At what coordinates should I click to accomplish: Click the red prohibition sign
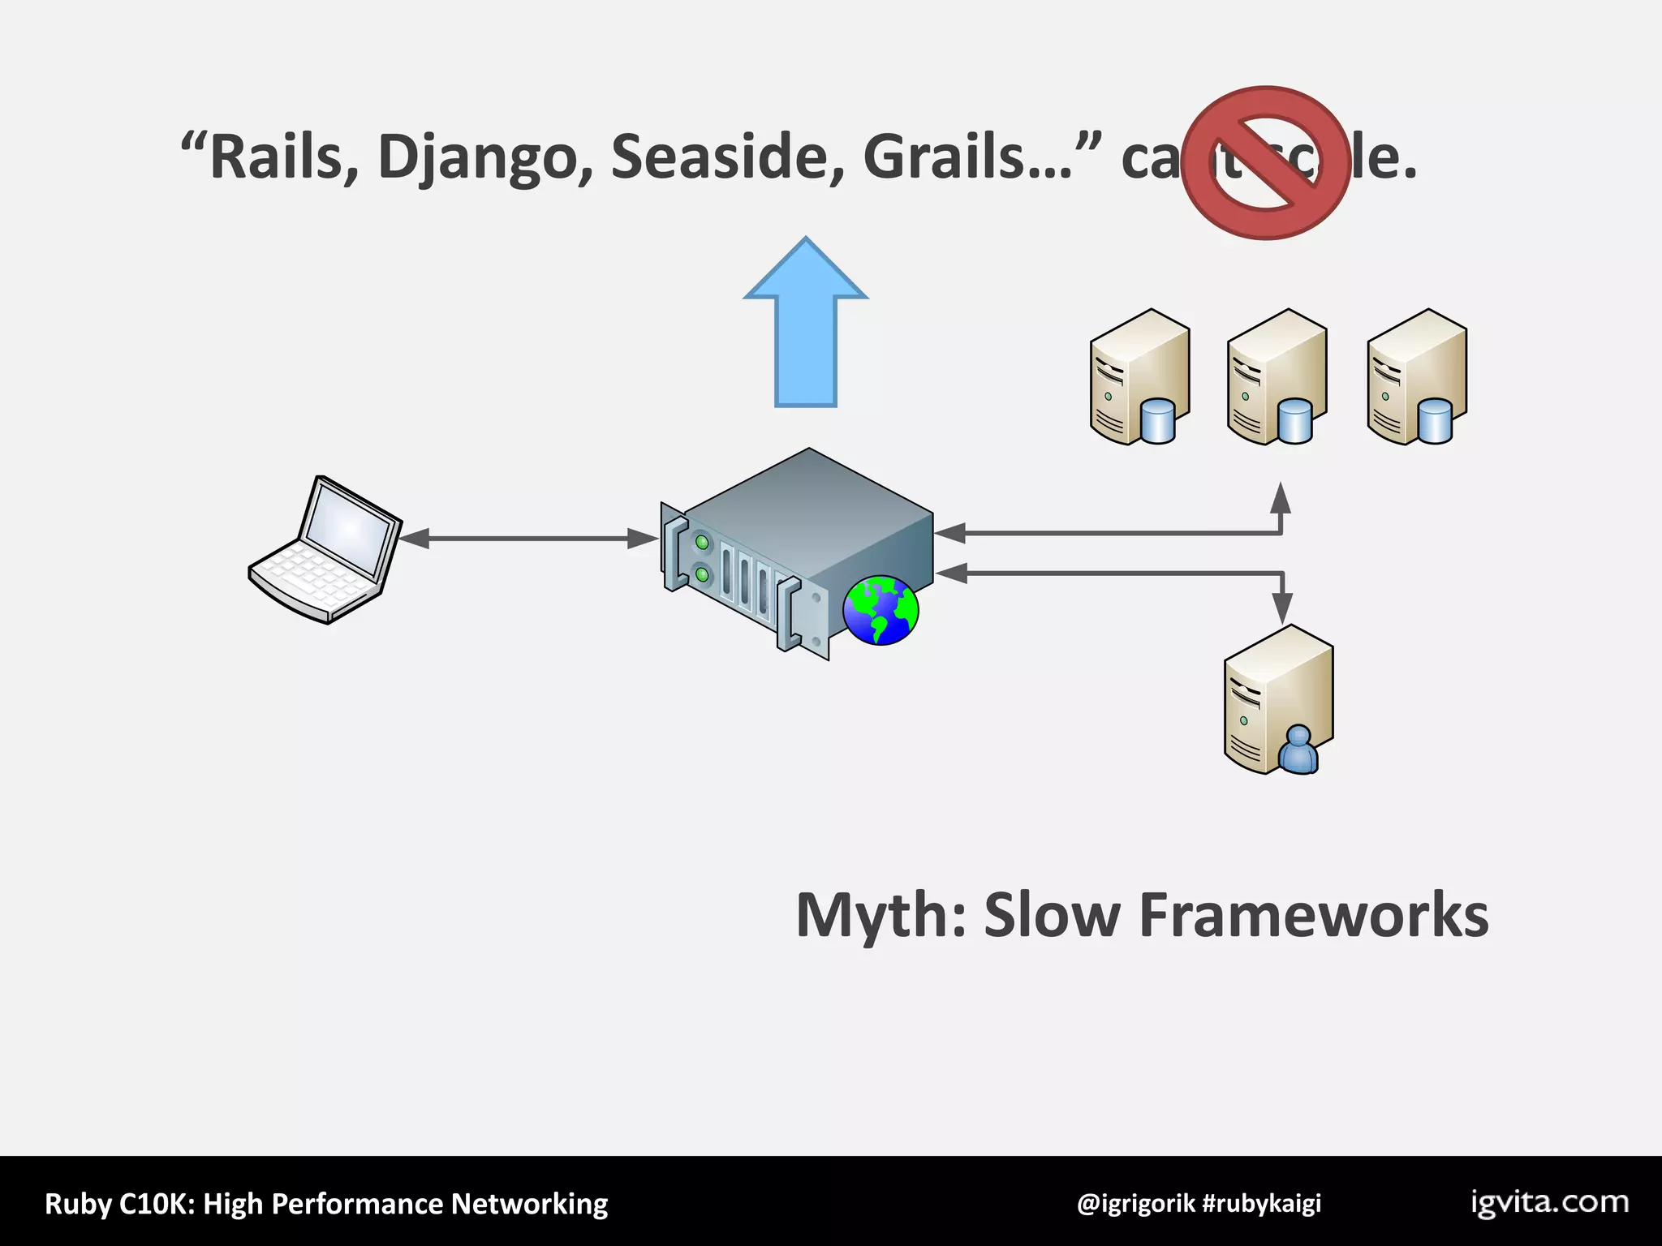tap(1266, 163)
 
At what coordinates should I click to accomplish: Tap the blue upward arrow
tap(806, 324)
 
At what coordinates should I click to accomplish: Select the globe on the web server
tap(881, 610)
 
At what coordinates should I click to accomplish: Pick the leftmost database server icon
tap(1139, 376)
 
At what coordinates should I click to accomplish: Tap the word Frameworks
tap(1314, 915)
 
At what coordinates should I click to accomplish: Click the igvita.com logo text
tap(1549, 1202)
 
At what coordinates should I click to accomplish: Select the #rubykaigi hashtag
tap(1262, 1203)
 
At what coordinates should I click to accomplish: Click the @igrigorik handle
tap(1135, 1203)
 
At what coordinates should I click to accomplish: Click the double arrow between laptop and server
tap(528, 538)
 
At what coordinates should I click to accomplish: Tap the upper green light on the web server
tap(702, 540)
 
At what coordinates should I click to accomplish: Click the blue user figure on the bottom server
tap(1298, 750)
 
